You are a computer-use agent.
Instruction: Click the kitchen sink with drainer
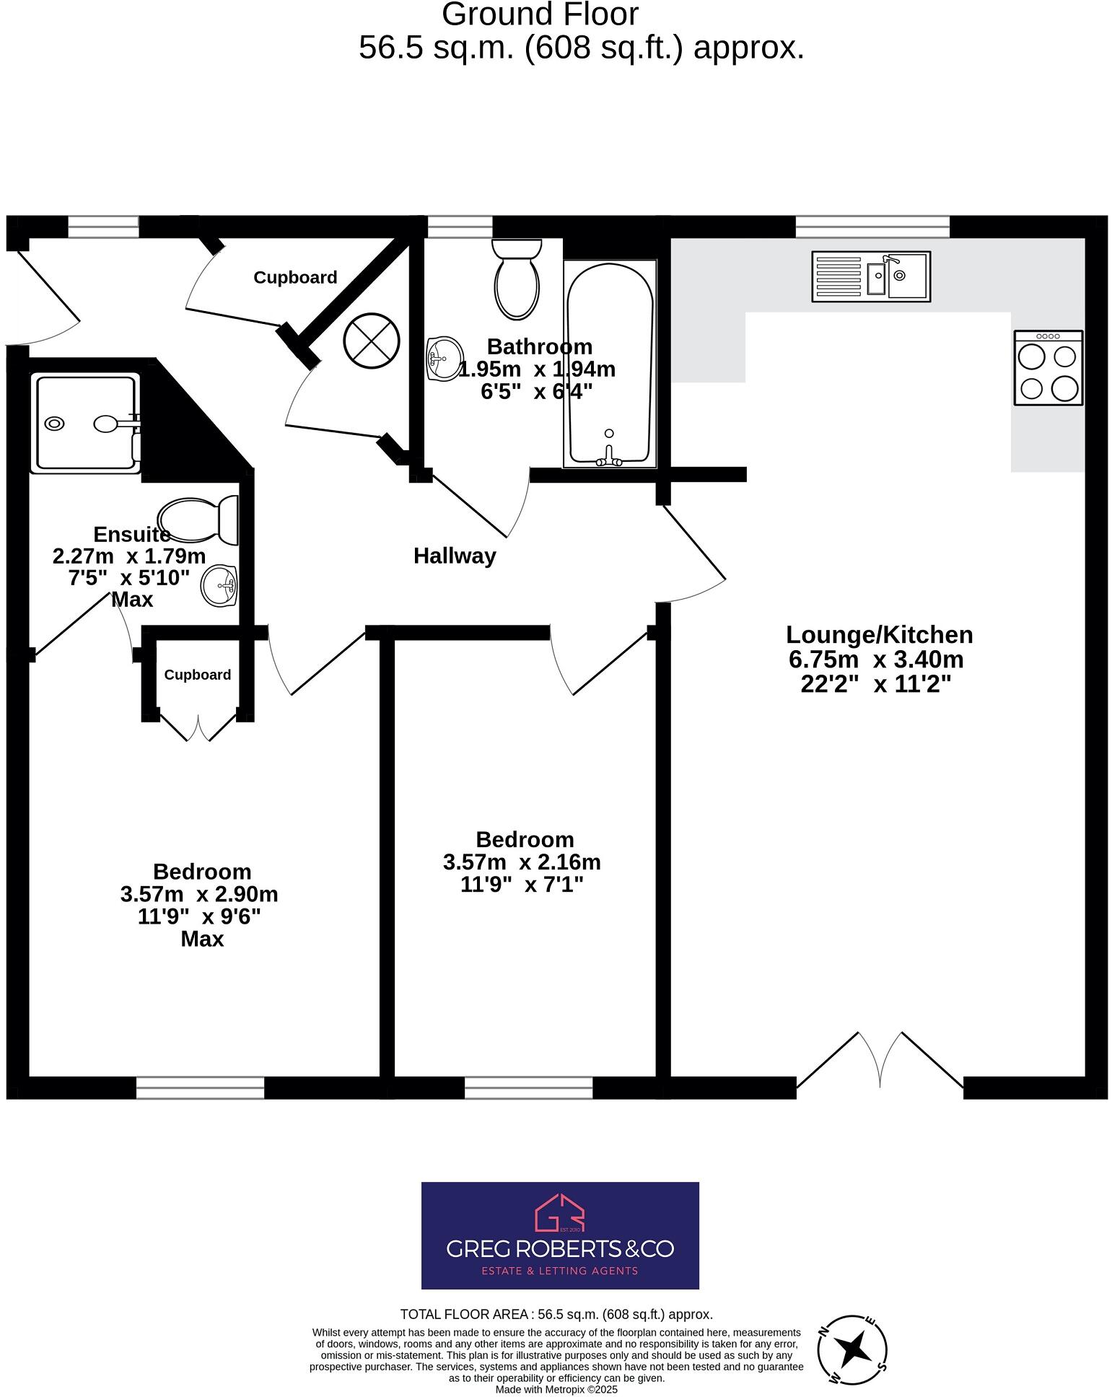pos(871,276)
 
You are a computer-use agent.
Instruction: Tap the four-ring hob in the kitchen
pos(1048,367)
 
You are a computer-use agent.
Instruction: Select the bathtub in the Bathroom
pos(610,364)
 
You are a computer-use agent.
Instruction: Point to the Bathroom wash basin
pos(443,358)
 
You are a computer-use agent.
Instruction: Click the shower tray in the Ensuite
pos(85,423)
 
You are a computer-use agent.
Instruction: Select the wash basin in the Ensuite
pos(219,585)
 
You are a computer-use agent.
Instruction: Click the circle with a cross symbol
pos(372,339)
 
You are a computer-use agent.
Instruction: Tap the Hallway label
pos(455,556)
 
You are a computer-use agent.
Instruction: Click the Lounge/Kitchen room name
pos(879,635)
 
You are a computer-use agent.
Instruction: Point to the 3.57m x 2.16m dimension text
pos(522,862)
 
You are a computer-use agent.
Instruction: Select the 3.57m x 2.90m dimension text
pos(199,894)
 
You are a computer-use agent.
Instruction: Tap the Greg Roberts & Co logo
pos(560,1235)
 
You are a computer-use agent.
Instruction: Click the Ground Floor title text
pos(540,14)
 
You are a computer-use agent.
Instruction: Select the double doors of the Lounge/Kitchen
pos(880,1060)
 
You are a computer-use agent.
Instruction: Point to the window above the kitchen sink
pos(872,227)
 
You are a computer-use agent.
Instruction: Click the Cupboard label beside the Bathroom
pos(295,278)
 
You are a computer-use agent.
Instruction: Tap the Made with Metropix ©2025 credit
pos(556,1389)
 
